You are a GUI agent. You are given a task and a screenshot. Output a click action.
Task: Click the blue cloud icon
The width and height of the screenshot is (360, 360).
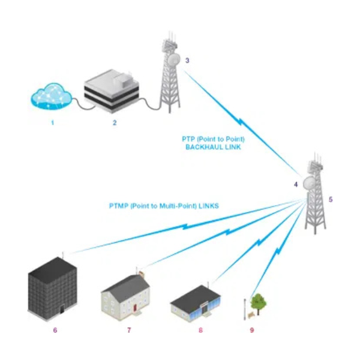pyautogui.click(x=51, y=97)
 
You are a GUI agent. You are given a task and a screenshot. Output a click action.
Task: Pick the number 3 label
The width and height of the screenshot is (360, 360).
pyautogui.click(x=187, y=60)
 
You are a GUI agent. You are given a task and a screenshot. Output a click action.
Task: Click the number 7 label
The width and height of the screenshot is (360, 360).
pyautogui.click(x=129, y=330)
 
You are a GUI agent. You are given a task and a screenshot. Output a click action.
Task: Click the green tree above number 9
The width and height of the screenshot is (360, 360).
pyautogui.click(x=258, y=301)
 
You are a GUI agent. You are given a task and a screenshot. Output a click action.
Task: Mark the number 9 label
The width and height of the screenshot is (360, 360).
pyautogui.click(x=252, y=330)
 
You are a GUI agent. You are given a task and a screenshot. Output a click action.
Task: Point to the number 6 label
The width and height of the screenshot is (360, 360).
pyautogui.click(x=55, y=330)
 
